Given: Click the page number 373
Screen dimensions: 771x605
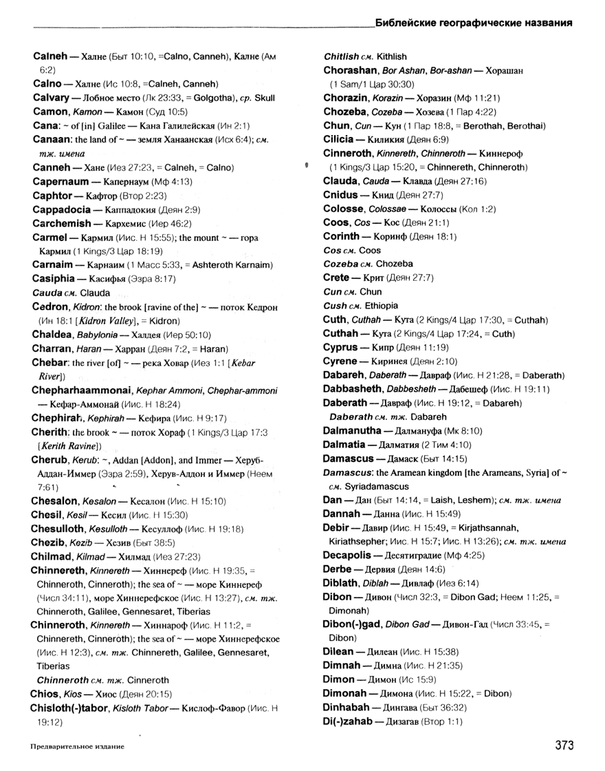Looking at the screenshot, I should [560, 746].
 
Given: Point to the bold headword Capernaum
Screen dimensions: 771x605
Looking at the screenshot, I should [60, 182].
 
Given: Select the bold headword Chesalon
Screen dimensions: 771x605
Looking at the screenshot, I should [56, 500].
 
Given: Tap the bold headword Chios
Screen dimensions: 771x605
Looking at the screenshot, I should [46, 694].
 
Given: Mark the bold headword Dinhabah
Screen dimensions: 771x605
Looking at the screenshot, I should [346, 707].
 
